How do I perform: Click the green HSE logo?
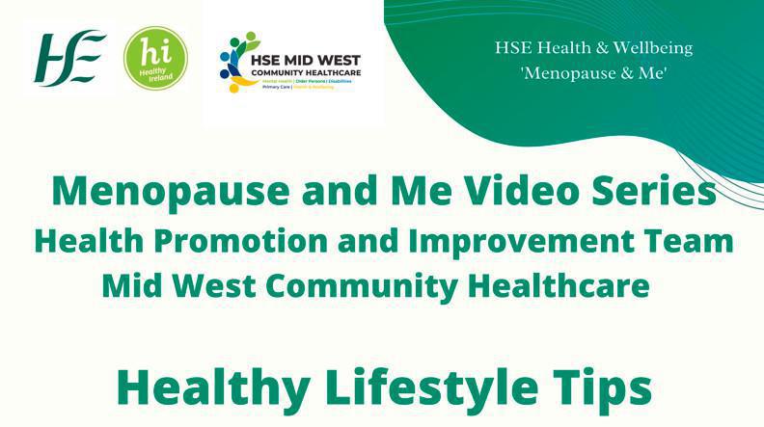click(70, 59)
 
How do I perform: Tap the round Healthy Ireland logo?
click(155, 59)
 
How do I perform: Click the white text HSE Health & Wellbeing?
click(594, 48)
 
